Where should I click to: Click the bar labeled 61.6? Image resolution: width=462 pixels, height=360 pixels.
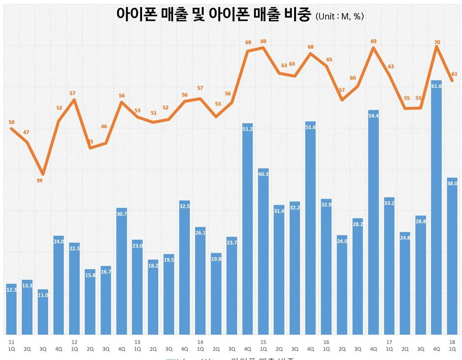point(436,208)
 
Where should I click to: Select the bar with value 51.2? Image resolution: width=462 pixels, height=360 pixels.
point(247,228)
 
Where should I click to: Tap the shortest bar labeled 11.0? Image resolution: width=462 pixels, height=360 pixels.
point(43,311)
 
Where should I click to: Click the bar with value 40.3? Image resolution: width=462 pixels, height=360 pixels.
point(263,251)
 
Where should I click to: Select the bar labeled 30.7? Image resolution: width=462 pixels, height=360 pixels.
point(121,271)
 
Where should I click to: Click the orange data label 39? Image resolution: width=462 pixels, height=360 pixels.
point(39,181)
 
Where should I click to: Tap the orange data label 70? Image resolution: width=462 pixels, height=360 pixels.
point(437,42)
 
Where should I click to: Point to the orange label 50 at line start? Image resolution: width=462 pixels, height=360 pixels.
point(12,122)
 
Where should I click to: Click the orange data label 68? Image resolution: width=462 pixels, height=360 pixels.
point(310,47)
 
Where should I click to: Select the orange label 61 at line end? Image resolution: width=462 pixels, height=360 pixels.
point(454,74)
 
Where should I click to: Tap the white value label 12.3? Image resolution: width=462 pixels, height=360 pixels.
point(12,290)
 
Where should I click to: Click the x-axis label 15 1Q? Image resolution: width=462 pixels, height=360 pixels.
point(263,345)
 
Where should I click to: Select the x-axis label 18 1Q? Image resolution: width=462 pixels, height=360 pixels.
point(452,345)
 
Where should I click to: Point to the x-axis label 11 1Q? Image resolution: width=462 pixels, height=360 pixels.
point(11,345)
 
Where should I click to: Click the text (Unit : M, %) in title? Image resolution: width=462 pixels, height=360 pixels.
point(340,16)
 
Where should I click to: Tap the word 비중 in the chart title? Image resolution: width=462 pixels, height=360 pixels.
point(297,14)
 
